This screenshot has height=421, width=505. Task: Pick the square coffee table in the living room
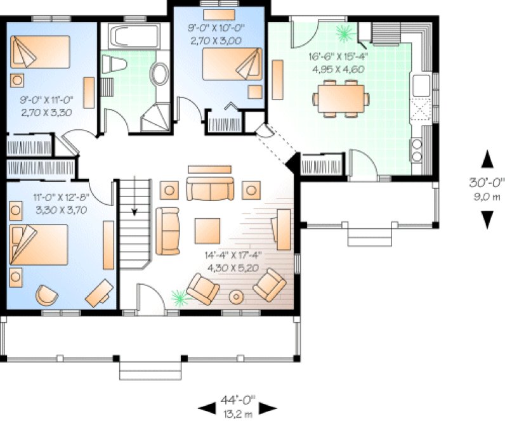pos(207,231)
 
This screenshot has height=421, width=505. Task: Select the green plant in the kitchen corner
pos(344,31)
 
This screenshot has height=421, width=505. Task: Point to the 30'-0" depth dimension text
pos(487,182)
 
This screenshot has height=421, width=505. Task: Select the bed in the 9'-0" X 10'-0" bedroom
pos(231,63)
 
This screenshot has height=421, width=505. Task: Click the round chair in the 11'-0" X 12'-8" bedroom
pos(46,294)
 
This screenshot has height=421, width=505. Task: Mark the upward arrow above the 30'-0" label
pos(487,157)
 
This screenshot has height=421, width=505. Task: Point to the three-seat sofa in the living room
pos(209,189)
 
